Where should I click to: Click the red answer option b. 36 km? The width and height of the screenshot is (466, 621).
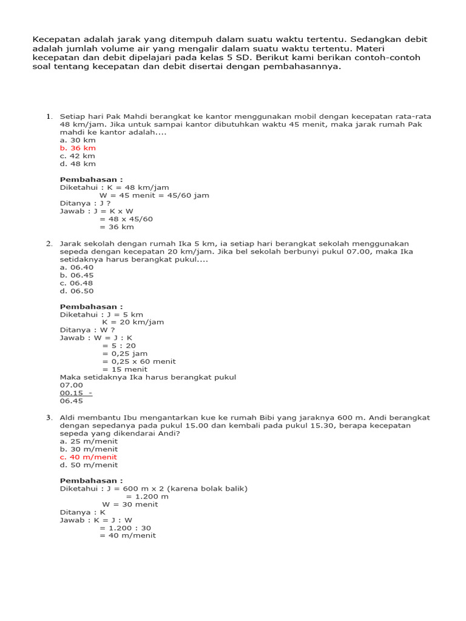pos(78,148)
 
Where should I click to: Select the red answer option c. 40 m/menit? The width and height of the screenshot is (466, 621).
pos(88,457)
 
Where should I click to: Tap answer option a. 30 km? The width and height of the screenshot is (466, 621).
pos(78,140)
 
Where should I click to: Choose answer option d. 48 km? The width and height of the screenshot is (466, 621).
pos(78,164)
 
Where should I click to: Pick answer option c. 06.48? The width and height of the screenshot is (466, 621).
pos(76,283)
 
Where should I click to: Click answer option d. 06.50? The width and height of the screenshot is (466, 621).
pos(76,290)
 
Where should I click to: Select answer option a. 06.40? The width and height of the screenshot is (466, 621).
pos(76,267)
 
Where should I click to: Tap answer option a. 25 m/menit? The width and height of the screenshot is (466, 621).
pos(89,441)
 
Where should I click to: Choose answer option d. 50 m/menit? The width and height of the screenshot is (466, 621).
pos(89,465)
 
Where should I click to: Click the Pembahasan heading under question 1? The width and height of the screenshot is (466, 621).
pos(91,180)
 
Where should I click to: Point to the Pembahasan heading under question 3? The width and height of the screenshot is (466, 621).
pos(91,481)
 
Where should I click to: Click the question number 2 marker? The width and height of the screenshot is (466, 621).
pos(49,243)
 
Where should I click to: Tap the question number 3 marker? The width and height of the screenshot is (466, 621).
pos(49,418)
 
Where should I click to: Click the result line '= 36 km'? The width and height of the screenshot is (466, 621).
pos(116,227)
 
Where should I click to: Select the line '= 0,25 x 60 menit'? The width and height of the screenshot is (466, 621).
pos(139,361)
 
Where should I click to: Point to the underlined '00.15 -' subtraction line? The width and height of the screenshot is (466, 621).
pos(76,393)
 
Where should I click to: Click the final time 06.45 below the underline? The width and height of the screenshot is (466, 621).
pos(71,401)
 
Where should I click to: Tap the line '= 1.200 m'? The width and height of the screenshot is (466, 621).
pos(147,497)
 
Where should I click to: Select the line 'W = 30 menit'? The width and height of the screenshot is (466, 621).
pos(130,505)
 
